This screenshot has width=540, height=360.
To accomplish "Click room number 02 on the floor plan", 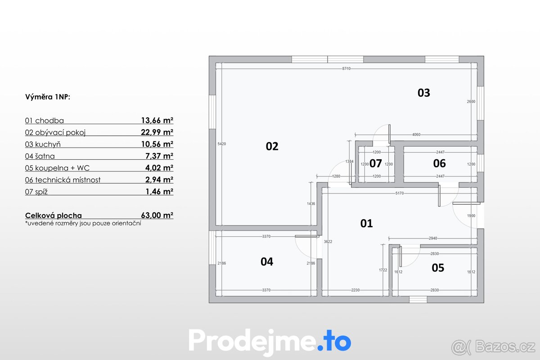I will click(x=272, y=146).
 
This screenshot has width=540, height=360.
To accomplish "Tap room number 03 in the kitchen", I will click(x=424, y=93).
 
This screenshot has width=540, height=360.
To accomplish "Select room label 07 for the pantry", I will click(x=376, y=163).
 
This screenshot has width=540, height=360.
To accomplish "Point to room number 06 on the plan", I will click(x=439, y=163).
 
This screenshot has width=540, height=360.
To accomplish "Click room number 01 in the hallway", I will click(x=367, y=223).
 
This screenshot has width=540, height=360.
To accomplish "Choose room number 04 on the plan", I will click(x=267, y=261).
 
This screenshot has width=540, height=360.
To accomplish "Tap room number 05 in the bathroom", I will click(x=438, y=268).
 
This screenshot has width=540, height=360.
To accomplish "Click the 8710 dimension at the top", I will click(x=346, y=69).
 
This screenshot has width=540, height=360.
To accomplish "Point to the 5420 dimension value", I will click(x=221, y=144).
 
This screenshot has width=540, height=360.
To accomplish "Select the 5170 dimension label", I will click(x=400, y=193).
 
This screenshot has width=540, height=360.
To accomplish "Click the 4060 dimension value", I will click(x=416, y=135).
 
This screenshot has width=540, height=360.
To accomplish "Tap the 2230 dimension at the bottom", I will click(x=355, y=290).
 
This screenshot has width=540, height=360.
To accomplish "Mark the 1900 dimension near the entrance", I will click(x=471, y=216).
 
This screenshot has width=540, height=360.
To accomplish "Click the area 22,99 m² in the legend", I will click(x=157, y=132).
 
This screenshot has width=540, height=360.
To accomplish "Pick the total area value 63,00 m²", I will click(x=157, y=216).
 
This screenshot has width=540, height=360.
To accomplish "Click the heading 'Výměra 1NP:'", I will click(x=48, y=97).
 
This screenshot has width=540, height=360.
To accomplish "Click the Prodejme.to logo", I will click(x=270, y=341).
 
